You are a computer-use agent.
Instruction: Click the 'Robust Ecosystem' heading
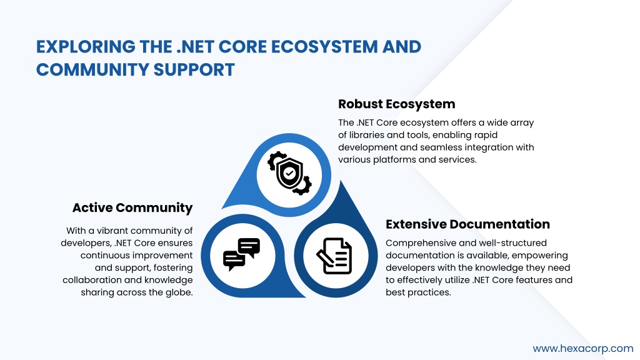tap(396, 104)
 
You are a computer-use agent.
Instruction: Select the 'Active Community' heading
tap(132, 207)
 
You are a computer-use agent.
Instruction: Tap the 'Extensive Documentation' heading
tap(467, 224)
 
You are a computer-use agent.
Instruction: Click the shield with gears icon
tap(289, 173)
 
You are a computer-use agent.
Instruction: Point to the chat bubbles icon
tap(242, 255)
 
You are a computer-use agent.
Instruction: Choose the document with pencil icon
tap(334, 256)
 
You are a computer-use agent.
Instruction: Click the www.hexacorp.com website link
tap(583, 349)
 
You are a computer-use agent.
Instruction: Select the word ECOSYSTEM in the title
tap(324, 47)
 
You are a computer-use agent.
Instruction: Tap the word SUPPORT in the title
tap(194, 70)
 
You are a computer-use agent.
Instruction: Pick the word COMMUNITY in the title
tap(92, 70)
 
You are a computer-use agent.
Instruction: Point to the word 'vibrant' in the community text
tap(112, 231)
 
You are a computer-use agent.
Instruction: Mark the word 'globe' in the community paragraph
tap(180, 292)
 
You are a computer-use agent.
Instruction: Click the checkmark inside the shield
tap(289, 173)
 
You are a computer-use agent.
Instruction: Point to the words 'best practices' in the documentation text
tap(418, 292)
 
